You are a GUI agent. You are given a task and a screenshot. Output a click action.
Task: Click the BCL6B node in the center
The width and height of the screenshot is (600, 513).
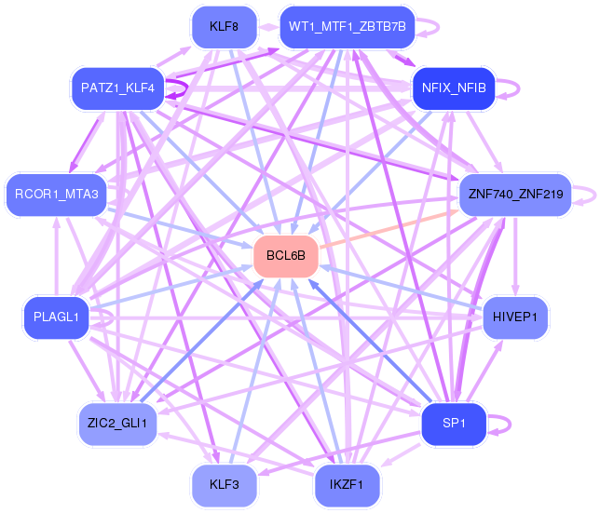286,256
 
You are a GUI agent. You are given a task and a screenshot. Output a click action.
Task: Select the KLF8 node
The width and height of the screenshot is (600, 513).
225,27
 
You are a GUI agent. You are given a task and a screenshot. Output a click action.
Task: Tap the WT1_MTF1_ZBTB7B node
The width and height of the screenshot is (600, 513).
348,27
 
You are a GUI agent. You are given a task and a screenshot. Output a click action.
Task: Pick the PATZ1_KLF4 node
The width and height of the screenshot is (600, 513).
117,88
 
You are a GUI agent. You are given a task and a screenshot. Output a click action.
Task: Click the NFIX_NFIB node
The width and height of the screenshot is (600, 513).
454,88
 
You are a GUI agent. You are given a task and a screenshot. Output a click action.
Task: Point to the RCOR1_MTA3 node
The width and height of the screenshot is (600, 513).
56,195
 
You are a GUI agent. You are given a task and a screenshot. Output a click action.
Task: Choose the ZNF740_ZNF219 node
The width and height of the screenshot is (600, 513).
515,195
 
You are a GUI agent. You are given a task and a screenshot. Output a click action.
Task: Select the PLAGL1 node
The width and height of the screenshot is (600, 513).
56,317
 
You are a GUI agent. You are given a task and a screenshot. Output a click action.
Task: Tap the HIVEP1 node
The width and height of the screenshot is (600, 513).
515,317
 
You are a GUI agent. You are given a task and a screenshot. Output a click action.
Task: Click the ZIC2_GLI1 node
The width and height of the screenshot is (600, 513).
117,424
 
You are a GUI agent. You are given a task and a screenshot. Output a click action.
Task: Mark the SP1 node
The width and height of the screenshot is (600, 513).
454,424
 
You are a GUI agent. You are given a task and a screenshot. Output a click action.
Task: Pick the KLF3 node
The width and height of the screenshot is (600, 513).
225,485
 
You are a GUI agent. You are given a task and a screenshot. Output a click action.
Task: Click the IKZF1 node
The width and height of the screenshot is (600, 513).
347,485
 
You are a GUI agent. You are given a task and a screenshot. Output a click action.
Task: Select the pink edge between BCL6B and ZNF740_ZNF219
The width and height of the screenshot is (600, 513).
389,229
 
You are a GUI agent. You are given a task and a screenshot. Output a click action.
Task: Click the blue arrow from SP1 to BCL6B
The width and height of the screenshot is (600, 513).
370,342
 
